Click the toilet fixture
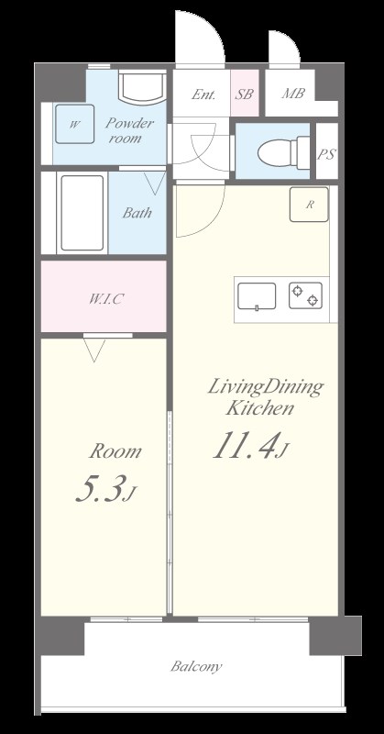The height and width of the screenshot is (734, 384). pyautogui.click(x=284, y=152)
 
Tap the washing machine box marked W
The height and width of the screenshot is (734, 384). pyautogui.click(x=75, y=124)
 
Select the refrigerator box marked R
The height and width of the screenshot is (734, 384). pyautogui.click(x=309, y=204)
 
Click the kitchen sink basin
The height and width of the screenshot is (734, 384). pyautogui.click(x=257, y=296)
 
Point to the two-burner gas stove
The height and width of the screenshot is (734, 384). pyautogui.click(x=305, y=295)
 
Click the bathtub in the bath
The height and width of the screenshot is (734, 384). pyautogui.click(x=82, y=213)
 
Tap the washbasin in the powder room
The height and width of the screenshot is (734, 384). pyautogui.click(x=142, y=87)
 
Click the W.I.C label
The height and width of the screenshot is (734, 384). pyautogui.click(x=106, y=299)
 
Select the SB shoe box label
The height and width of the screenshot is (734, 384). pyautogui.click(x=244, y=95)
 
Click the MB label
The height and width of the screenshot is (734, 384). pyautogui.click(x=293, y=94)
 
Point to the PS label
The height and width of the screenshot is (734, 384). pyautogui.click(x=326, y=154)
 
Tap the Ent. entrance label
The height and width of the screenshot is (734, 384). pyautogui.click(x=203, y=95)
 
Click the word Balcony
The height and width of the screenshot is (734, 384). pyautogui.click(x=196, y=667)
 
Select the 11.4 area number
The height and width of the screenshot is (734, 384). pyautogui.click(x=243, y=446)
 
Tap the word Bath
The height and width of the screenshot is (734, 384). pyautogui.click(x=137, y=213)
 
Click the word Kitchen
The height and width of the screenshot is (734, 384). pyautogui.click(x=260, y=407)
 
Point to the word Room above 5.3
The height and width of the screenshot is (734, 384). pyautogui.click(x=115, y=451)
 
